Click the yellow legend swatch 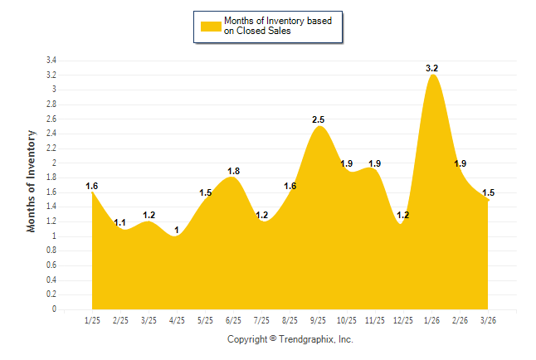[211, 26]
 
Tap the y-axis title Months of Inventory [32, 181]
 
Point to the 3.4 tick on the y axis [51, 61]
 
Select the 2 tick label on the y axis [54, 163]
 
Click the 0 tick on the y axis [54, 309]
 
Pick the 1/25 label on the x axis [92, 320]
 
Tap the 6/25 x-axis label [233, 320]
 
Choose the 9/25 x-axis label [318, 320]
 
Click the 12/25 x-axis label [402, 320]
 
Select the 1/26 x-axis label [431, 320]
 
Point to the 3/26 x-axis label [488, 320]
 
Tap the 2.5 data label [318, 119]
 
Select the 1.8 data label [233, 171]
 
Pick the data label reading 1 [177, 230]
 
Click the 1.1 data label [120, 222]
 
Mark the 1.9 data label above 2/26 [460, 163]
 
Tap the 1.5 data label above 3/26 [488, 192]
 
